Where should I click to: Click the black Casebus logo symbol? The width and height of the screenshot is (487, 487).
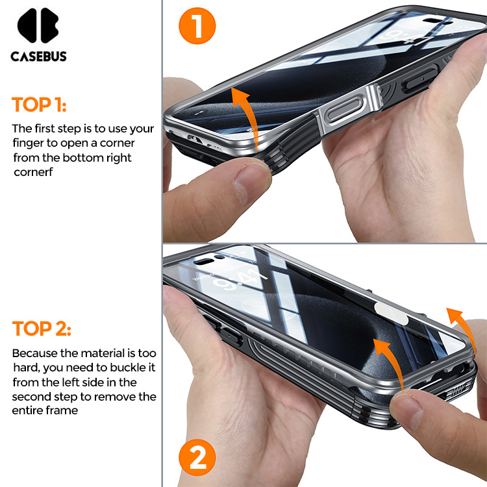[x=38, y=25]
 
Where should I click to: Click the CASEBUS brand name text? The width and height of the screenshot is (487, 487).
[x=38, y=56]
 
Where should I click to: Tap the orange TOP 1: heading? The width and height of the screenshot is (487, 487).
[x=39, y=105]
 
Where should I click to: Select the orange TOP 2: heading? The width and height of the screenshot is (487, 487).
[x=42, y=329]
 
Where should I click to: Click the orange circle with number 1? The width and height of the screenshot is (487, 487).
[x=197, y=26]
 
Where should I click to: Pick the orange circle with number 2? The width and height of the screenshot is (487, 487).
[x=197, y=457]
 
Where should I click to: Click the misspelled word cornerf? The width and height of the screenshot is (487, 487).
[x=33, y=172]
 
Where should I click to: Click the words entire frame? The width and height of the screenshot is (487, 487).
[x=45, y=410]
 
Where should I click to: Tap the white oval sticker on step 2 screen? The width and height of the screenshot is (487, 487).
[x=390, y=313]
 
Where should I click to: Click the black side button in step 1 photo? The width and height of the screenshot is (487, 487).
[x=420, y=79]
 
